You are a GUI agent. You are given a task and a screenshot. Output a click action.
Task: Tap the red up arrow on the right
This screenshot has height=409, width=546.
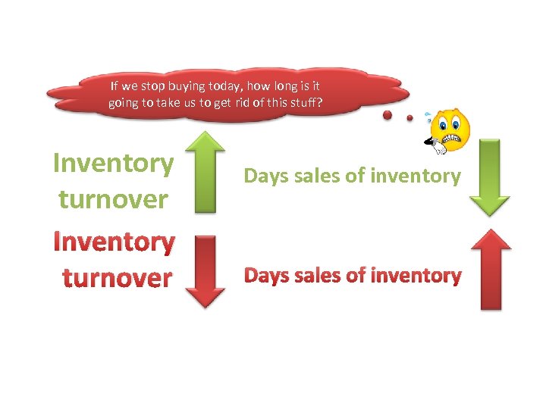(492, 269)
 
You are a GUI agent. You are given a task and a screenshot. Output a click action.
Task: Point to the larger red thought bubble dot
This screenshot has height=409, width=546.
(388, 115)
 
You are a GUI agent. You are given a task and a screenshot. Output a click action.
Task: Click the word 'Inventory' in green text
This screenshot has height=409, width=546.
(114, 164)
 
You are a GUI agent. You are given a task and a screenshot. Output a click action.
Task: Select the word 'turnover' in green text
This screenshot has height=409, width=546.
(114, 200)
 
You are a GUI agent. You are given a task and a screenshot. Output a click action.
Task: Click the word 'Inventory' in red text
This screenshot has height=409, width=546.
(115, 242)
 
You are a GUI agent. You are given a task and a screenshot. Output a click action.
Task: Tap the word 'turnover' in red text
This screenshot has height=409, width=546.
(118, 278)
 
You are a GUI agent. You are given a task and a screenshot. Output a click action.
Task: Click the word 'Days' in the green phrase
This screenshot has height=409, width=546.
(263, 177)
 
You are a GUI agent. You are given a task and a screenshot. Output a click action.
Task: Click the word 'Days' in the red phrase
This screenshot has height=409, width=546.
(263, 276)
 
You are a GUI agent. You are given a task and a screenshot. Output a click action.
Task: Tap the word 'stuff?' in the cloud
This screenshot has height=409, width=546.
(305, 102)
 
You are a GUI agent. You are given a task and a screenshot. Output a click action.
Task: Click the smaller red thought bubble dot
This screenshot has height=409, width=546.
(409, 118)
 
